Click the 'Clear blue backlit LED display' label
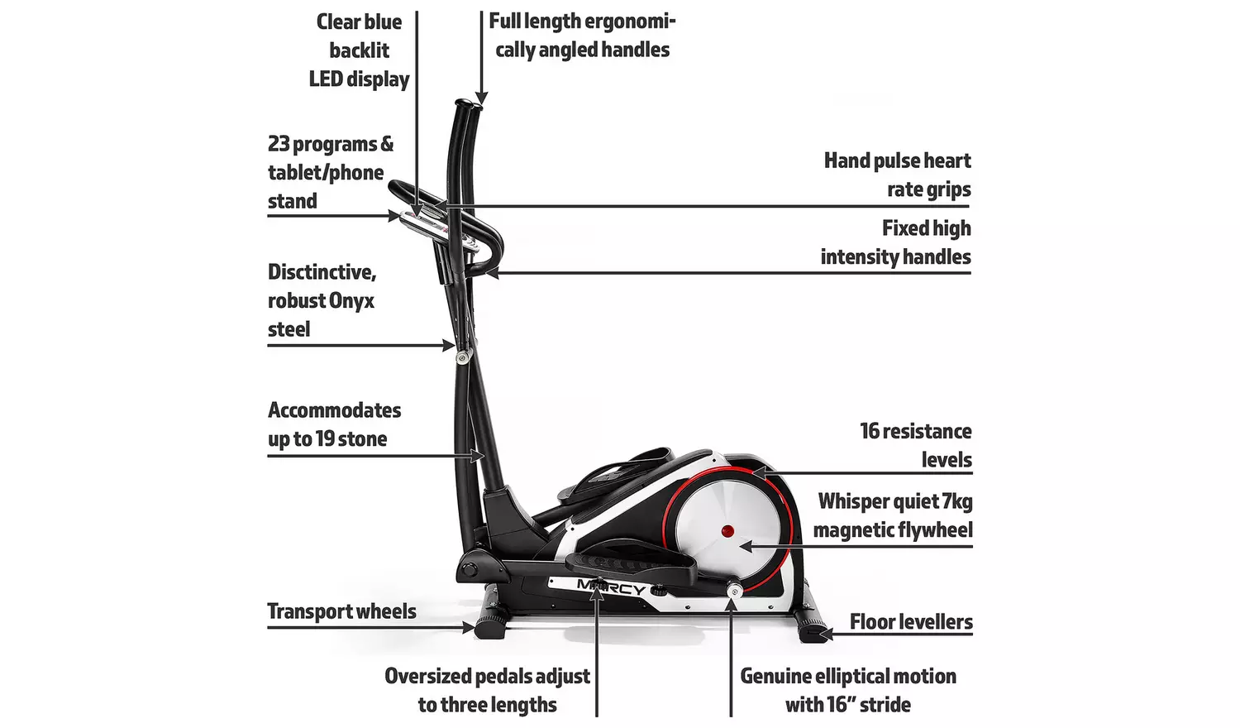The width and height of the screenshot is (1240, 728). [x=359, y=50]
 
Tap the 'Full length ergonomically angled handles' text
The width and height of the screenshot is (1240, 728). [x=582, y=36]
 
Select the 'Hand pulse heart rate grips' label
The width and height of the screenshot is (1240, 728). [x=897, y=175]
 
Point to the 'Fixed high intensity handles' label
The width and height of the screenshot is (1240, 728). [x=895, y=242]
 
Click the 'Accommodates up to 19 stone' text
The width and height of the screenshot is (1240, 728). [x=333, y=424]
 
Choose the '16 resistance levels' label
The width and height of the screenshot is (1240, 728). [x=915, y=445]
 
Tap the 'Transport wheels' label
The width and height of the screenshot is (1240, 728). [x=341, y=611]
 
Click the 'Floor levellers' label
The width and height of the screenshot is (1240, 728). [x=911, y=622]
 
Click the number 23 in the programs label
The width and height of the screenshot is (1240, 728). [x=279, y=144]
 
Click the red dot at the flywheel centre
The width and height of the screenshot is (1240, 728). [x=727, y=530]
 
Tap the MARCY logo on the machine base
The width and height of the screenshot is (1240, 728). [x=612, y=588]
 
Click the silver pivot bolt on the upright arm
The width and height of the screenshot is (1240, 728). [x=461, y=357]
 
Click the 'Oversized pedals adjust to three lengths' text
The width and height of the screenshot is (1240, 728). [x=487, y=690]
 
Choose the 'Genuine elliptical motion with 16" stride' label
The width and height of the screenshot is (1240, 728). [x=847, y=690]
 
